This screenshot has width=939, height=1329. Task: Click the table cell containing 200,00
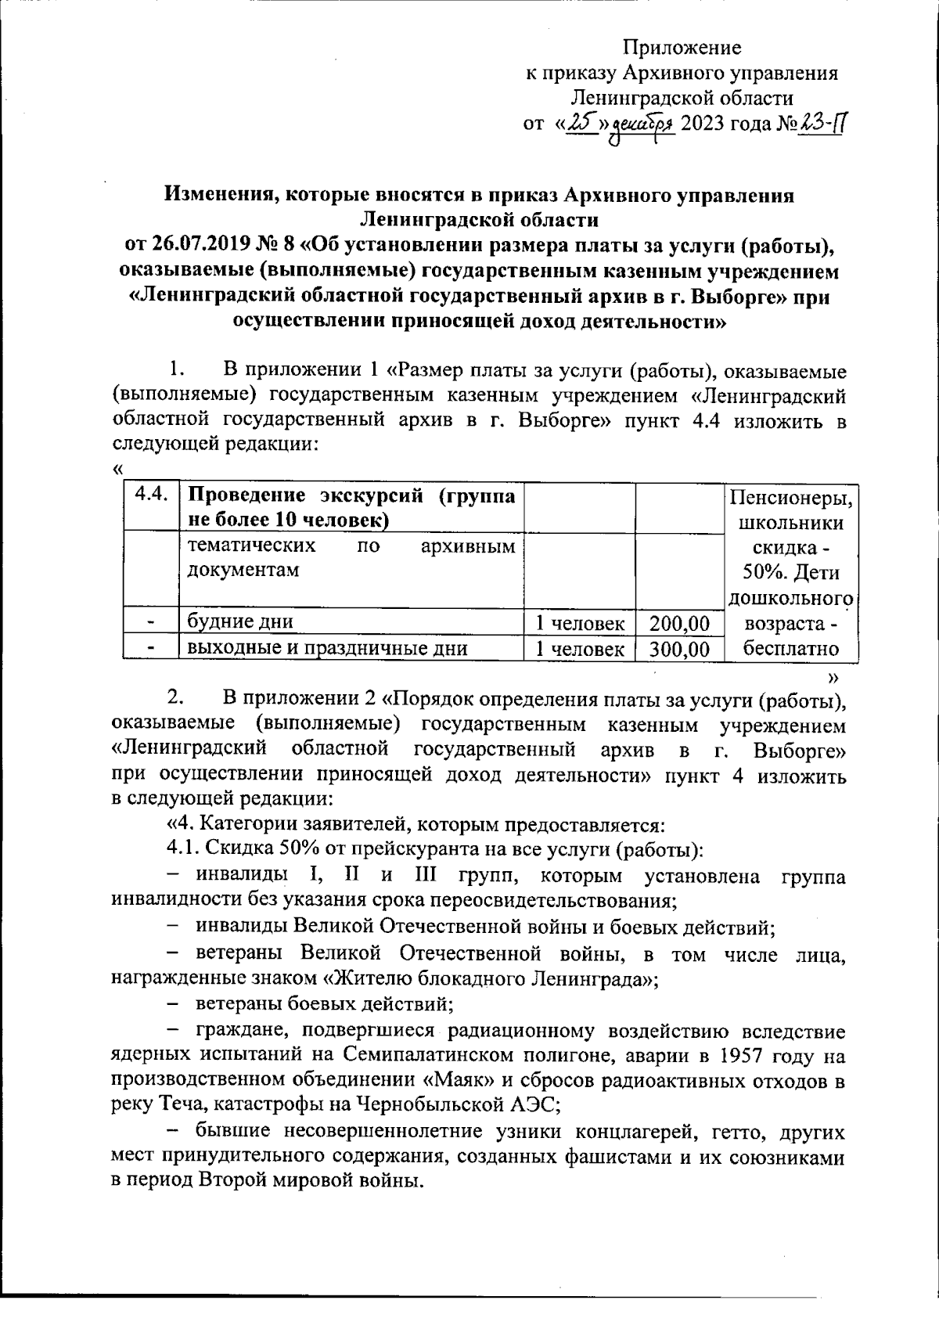click(x=678, y=623)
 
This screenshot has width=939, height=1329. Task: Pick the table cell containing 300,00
click(x=678, y=649)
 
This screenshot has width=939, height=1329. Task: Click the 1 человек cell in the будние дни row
click(x=579, y=623)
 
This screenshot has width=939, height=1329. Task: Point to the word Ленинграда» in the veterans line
click(x=598, y=979)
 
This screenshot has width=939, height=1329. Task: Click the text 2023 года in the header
click(x=727, y=124)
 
